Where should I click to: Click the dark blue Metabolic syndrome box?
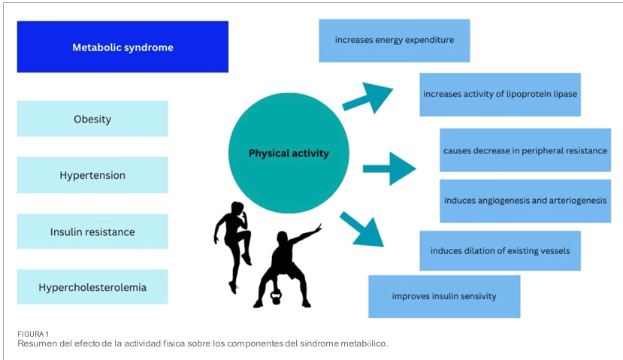click(x=122, y=47)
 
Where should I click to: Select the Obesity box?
click(x=92, y=119)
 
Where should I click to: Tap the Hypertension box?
click(x=92, y=175)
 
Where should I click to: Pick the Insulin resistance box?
click(x=92, y=231)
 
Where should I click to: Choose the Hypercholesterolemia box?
click(x=92, y=287)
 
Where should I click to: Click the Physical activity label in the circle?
click(x=289, y=153)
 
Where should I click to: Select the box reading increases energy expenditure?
click(x=394, y=40)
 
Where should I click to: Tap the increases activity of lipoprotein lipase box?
click(x=500, y=95)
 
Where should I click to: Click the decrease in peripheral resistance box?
click(x=525, y=150)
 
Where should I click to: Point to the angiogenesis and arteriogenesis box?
click(x=525, y=201)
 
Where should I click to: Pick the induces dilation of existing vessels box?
click(x=500, y=250)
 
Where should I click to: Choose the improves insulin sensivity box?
click(x=444, y=296)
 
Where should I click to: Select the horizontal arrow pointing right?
click(x=389, y=168)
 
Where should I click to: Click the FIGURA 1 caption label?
click(x=33, y=334)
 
